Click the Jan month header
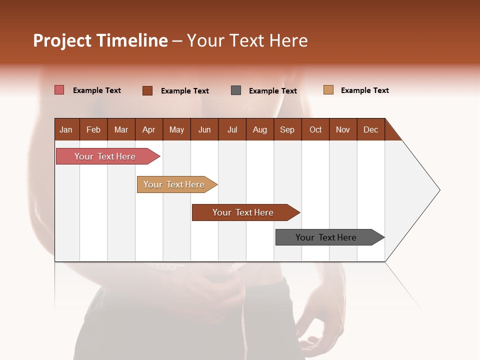66,129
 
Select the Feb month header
93,129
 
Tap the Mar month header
121,129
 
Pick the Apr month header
149,129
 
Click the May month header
176,129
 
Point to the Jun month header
204,129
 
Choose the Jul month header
232,129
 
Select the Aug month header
260,129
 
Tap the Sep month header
287,129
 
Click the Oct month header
315,129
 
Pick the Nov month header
343,129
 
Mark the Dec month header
371,129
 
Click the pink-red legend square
59,90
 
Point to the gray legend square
236,90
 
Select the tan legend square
328,90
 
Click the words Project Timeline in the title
100,40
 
